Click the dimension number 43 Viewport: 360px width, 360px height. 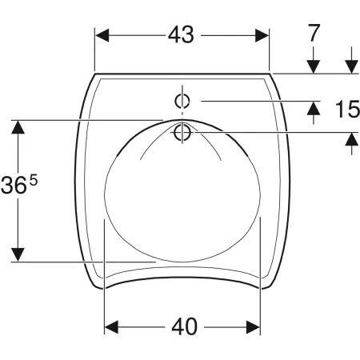181,35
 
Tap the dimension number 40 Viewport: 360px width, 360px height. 184,326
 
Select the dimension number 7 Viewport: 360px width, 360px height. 314,33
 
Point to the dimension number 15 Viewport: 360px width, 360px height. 347,109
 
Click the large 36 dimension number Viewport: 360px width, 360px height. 14,186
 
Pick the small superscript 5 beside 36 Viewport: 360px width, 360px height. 34,181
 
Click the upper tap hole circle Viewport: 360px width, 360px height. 182,102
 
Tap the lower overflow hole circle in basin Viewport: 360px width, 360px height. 182,133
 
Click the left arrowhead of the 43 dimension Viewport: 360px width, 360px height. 102,35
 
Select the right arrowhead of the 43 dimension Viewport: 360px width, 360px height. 262,35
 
